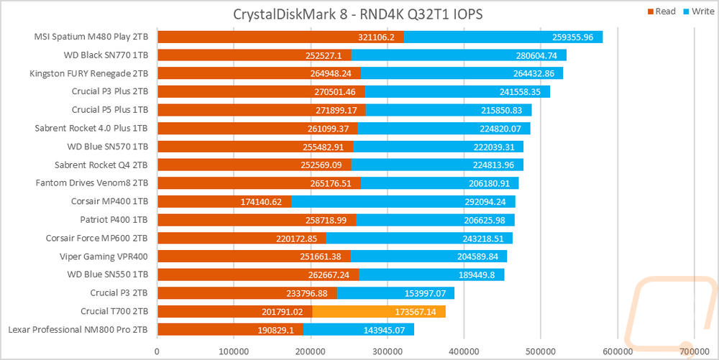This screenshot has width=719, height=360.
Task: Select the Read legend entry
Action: click(x=661, y=12)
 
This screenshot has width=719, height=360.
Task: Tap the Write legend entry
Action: click(x=699, y=12)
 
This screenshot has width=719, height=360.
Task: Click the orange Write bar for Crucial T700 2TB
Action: click(x=379, y=311)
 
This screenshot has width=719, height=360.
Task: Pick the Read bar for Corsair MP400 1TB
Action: click(x=224, y=201)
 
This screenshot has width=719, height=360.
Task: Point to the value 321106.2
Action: click(x=377, y=37)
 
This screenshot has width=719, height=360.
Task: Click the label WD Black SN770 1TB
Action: click(x=106, y=55)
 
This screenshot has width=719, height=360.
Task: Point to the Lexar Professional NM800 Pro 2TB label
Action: click(x=78, y=329)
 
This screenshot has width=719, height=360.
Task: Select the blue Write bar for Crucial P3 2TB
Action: click(x=395, y=293)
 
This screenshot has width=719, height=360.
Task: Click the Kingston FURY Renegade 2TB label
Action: click(x=89, y=73)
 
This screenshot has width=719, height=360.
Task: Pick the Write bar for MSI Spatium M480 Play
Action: click(x=503, y=37)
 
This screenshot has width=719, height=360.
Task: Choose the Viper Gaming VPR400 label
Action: click(x=104, y=257)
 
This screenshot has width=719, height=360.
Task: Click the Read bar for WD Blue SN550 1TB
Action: click(x=258, y=274)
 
